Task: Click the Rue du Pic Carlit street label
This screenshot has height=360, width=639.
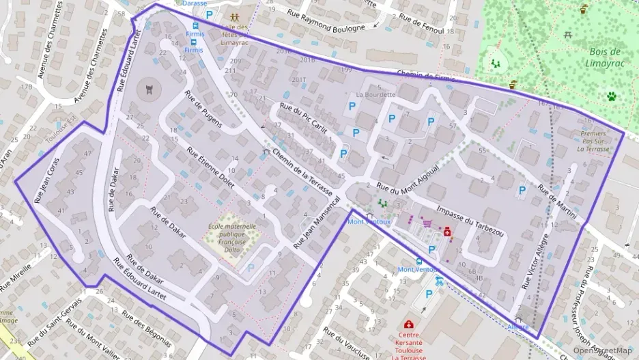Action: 304,118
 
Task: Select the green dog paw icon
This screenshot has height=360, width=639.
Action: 611,96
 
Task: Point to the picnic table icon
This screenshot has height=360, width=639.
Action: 568,33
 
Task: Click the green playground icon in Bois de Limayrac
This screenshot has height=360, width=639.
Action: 496,63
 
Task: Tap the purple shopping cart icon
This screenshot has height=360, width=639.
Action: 427,222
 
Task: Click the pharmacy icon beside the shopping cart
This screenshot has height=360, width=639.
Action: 447,232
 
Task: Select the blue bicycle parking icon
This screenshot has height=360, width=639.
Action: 439,280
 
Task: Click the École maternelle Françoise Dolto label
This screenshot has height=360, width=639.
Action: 232,235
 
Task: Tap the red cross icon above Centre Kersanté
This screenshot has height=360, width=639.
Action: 409,324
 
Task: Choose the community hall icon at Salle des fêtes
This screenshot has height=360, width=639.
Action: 234,16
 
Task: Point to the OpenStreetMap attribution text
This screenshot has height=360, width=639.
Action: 603,350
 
